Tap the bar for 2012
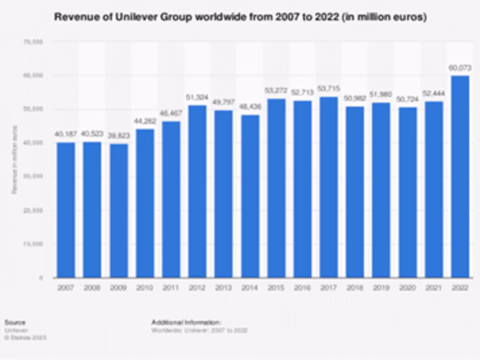point(197,191)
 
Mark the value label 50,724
point(407,101)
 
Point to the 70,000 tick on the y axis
point(34,42)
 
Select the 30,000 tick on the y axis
point(34,176)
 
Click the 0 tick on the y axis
point(41,278)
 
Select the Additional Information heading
point(187,321)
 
